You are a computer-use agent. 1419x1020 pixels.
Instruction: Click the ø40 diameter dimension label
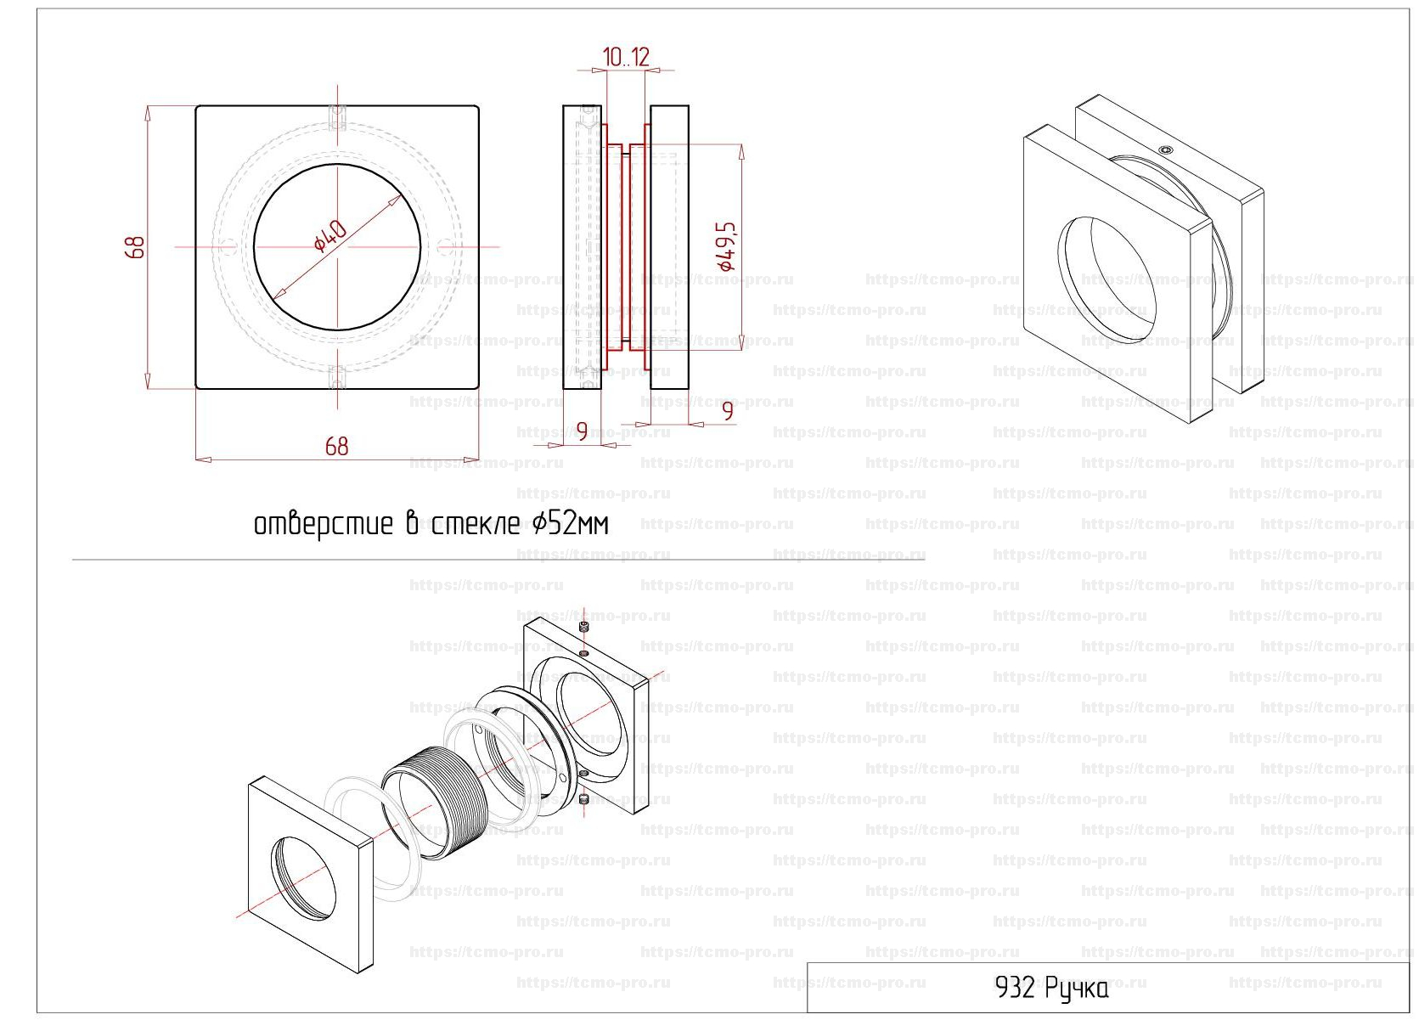point(330,235)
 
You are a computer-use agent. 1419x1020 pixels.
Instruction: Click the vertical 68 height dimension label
point(135,247)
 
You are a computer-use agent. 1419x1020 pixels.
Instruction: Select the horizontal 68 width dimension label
point(336,447)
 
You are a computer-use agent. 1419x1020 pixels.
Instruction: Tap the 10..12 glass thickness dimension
point(626,57)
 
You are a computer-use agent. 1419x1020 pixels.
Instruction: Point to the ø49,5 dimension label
point(726,246)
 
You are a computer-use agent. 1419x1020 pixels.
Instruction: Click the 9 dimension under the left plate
point(582,432)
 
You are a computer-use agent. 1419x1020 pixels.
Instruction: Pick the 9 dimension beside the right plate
point(728,411)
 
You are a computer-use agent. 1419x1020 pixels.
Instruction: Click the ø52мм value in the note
point(570,524)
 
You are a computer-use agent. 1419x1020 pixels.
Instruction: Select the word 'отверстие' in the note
point(323,525)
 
